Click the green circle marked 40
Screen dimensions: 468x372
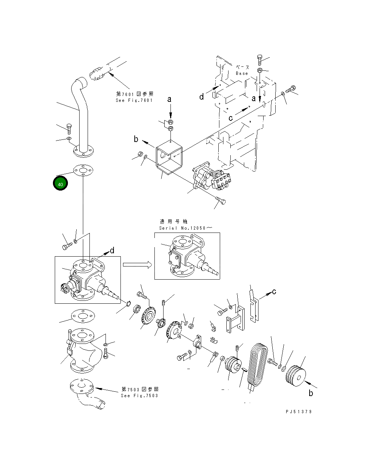(60, 184)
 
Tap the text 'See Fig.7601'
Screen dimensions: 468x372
(134, 100)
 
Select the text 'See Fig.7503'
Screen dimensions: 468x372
(139, 396)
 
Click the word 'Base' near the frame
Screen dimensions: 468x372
(242, 73)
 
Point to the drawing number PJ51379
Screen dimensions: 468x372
(299, 411)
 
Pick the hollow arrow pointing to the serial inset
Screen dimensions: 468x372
(137, 265)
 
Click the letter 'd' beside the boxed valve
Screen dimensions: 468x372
(112, 250)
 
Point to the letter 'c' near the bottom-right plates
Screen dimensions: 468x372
(274, 291)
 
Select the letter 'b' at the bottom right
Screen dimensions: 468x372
(311, 393)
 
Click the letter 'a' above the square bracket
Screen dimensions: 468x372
(169, 99)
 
